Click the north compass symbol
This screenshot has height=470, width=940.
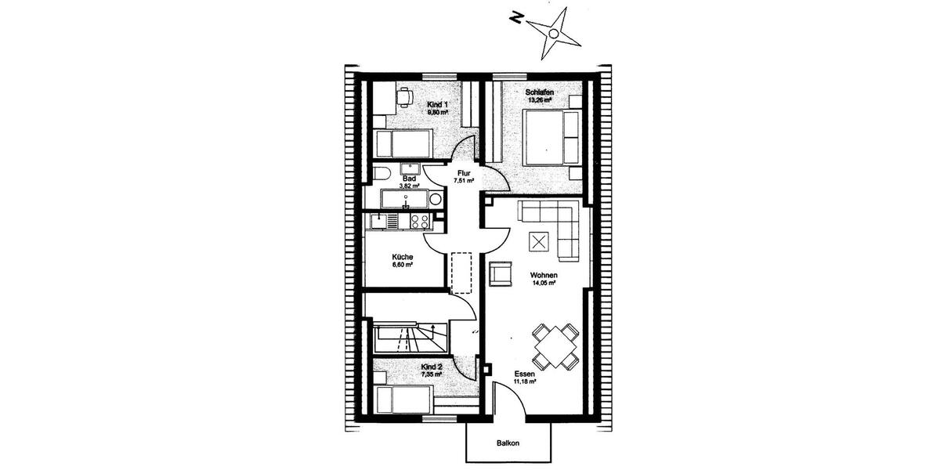pos(553,33)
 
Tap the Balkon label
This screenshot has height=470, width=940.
pos(508,443)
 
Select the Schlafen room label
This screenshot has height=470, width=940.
pos(540,92)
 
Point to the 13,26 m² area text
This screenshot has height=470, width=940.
pos(540,100)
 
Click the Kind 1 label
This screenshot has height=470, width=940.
pos(437,104)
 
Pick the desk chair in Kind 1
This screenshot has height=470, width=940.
pos(404,98)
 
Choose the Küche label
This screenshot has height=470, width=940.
pos(403,257)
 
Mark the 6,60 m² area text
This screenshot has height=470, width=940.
pos(403,265)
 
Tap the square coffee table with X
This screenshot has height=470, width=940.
pos(538,242)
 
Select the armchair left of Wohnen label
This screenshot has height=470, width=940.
pos(498,273)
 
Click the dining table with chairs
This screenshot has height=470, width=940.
pos(556,346)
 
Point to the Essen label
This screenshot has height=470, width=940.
pos(524,374)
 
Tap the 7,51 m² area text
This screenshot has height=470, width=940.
pos(464,182)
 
